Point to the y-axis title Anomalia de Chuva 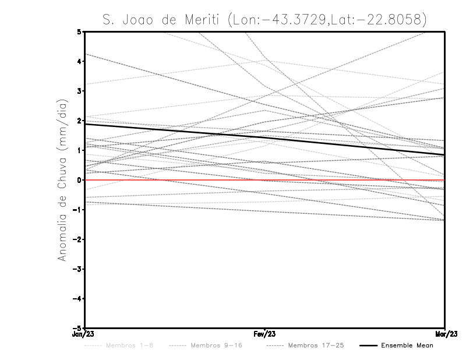coord(61,180)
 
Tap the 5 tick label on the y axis coord(79,31)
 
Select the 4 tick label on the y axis coord(79,61)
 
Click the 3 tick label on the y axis coord(79,91)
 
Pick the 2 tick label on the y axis coord(79,121)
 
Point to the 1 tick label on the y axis coord(79,150)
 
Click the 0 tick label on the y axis coord(79,180)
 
